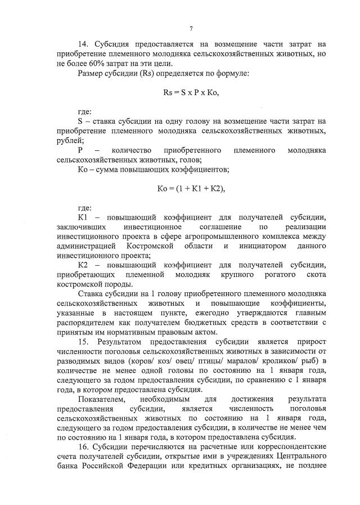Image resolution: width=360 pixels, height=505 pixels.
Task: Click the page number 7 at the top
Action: (x=191, y=29)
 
